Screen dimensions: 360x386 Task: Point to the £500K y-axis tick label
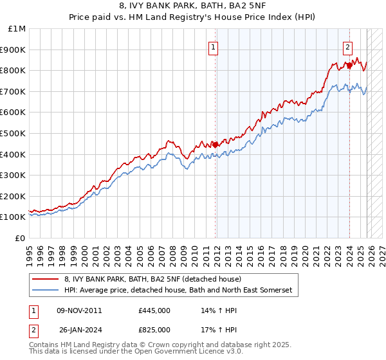(x=14, y=133)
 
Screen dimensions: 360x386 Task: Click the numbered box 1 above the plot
(x=213, y=46)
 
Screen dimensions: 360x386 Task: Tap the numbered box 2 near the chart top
(x=347, y=46)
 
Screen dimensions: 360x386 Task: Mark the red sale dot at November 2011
(x=216, y=145)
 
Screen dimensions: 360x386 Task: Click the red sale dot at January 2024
(x=349, y=65)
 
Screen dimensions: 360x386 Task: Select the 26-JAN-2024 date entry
(x=79, y=329)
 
